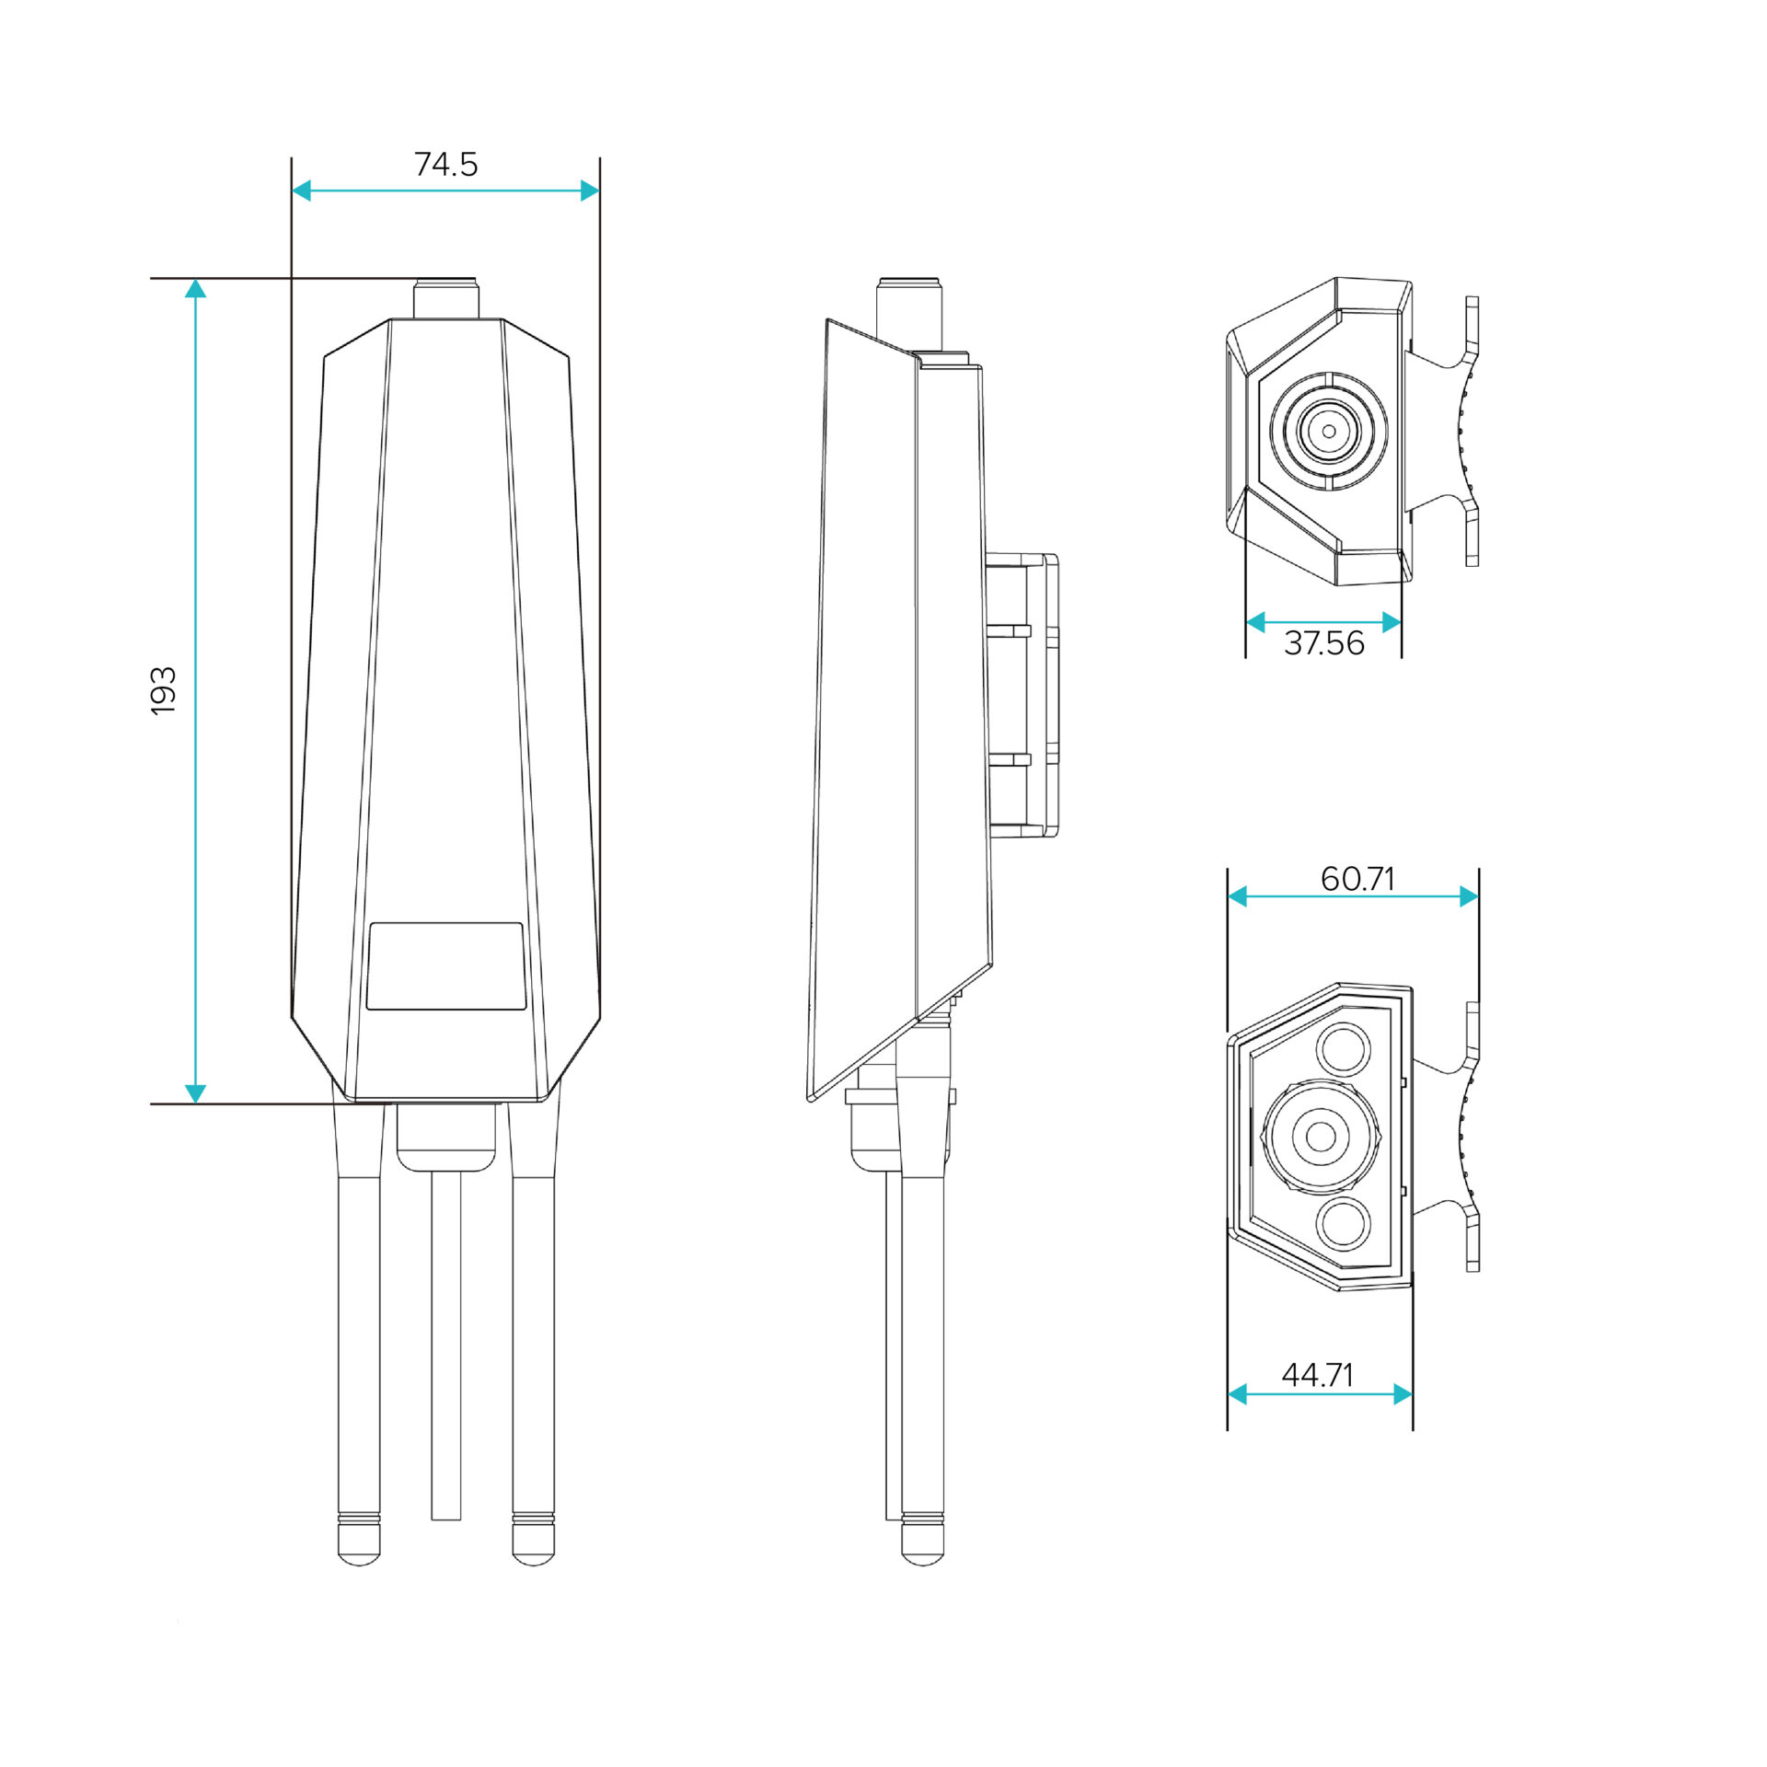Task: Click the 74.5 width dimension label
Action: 445,165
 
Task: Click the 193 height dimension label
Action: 163,690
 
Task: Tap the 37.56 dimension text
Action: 1323,643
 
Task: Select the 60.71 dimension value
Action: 1357,879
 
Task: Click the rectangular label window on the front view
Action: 445,966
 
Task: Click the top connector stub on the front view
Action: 445,299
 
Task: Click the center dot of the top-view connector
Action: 1328,431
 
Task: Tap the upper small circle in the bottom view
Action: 1344,1047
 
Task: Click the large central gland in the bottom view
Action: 1321,1136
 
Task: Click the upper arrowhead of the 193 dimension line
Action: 195,289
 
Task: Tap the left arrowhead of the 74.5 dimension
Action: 302,191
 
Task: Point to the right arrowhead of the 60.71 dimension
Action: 1469,895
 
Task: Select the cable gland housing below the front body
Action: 445,1139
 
